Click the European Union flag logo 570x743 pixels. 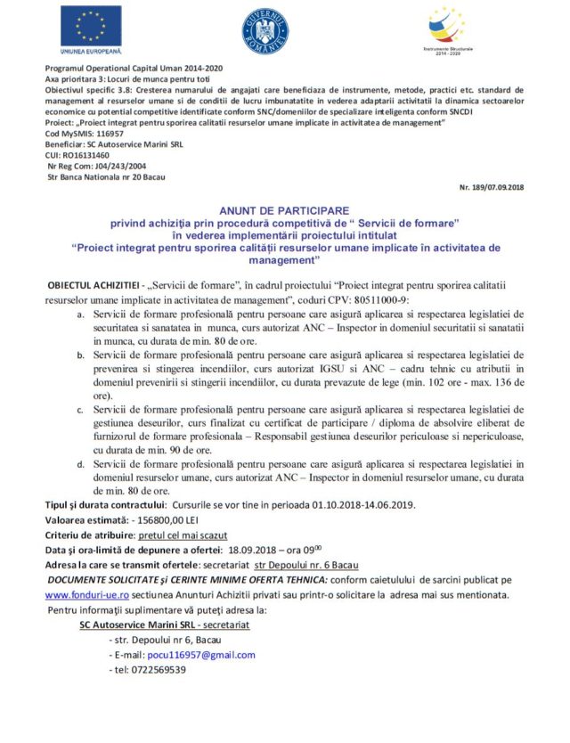(91, 27)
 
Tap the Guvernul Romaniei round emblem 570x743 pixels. (265, 29)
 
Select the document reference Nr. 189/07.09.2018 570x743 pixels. (492, 187)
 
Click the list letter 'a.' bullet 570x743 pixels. (82, 314)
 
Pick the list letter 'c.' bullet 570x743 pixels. (82, 409)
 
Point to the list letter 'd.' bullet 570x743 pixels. (82, 464)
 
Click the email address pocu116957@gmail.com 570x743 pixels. (208, 655)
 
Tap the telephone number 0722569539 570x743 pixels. (157, 670)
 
